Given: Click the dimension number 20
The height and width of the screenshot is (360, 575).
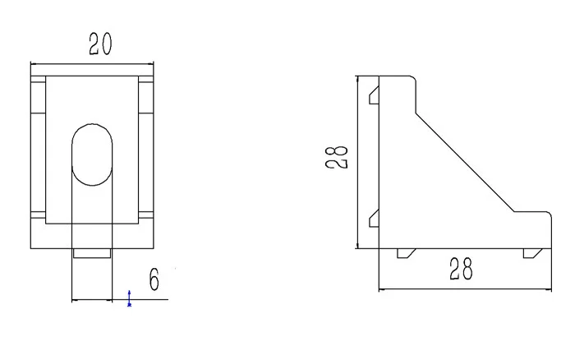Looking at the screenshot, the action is click(100, 44).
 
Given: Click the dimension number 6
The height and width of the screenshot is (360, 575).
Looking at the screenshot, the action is click(154, 279).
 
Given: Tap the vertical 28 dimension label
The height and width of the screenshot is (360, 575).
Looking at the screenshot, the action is click(336, 157).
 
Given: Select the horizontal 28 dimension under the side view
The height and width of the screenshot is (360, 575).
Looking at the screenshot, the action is click(461, 269).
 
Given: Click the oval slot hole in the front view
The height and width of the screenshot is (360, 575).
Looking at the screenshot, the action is click(92, 155).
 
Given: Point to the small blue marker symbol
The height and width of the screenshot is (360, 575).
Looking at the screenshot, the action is click(129, 298).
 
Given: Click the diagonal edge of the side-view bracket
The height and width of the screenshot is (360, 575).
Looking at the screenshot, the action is click(465, 163).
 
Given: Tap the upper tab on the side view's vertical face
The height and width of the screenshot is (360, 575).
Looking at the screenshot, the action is click(374, 95).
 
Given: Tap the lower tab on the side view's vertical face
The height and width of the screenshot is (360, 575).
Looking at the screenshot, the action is click(374, 218).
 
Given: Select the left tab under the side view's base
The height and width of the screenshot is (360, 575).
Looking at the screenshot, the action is click(407, 253).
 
